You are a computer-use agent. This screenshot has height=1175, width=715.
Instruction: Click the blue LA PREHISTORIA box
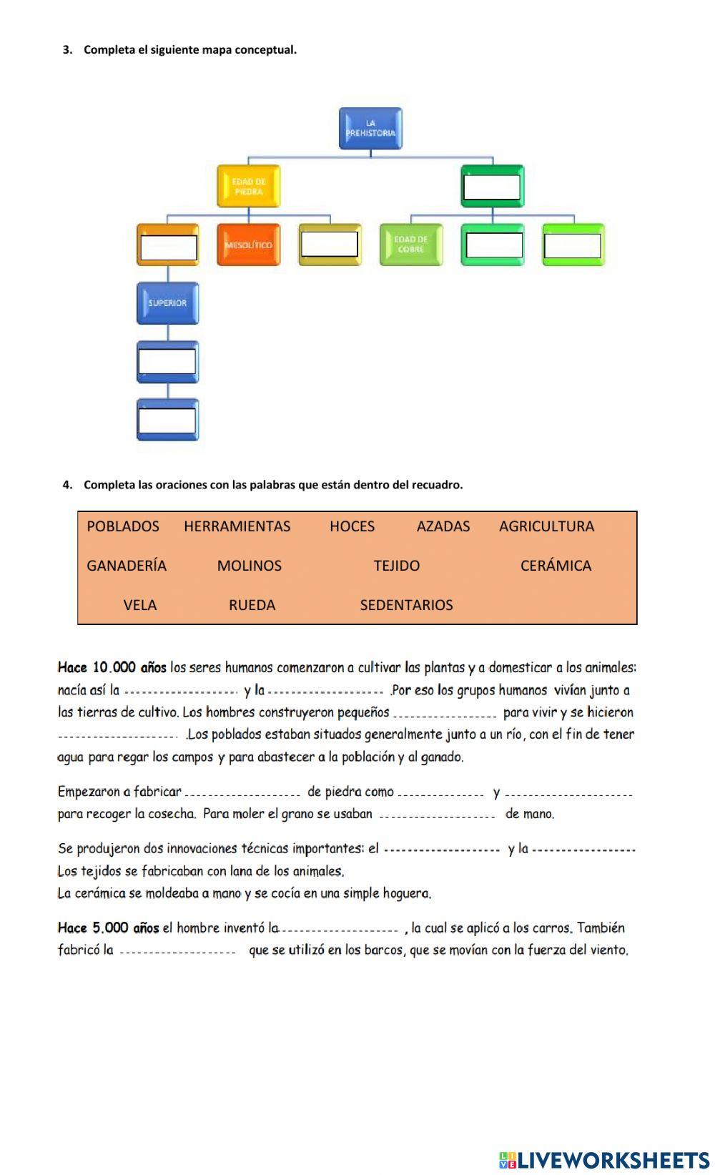pos(370,129)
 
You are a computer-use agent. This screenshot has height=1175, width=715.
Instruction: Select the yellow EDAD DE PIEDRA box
pos(248,187)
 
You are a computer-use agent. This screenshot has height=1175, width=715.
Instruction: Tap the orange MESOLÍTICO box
pos(248,245)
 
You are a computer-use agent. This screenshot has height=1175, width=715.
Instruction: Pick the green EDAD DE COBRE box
pos(410,245)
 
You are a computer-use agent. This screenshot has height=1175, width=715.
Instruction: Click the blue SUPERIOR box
pos(167,303)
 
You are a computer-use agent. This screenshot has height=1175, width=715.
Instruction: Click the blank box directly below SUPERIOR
pos(167,361)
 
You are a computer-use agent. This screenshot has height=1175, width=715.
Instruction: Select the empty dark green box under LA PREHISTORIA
pos(492,187)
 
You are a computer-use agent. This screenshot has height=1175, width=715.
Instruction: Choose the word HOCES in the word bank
pos(352,526)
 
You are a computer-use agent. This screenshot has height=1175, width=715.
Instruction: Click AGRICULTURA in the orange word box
pos(546,526)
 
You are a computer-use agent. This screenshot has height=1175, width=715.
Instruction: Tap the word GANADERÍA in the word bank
pos(127,566)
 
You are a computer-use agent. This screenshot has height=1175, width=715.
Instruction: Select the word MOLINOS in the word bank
pos(249,566)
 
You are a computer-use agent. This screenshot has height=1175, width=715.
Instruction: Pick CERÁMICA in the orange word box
pos(556,566)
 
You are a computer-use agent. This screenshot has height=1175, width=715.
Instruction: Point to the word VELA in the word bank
pos(139,605)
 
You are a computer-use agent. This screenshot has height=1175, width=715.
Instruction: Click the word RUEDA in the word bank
pos(252,605)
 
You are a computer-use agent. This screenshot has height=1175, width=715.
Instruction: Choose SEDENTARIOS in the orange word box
pos(406,605)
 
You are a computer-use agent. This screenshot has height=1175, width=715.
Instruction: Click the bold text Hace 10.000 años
pos(112,668)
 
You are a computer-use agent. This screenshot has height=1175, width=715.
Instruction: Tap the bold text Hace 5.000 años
pos(108,928)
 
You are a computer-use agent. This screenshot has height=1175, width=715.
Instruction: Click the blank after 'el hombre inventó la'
pos(340,929)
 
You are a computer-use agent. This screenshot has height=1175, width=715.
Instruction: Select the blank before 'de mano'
pos(437,815)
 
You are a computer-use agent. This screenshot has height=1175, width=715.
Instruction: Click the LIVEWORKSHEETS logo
pos(604,1159)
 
